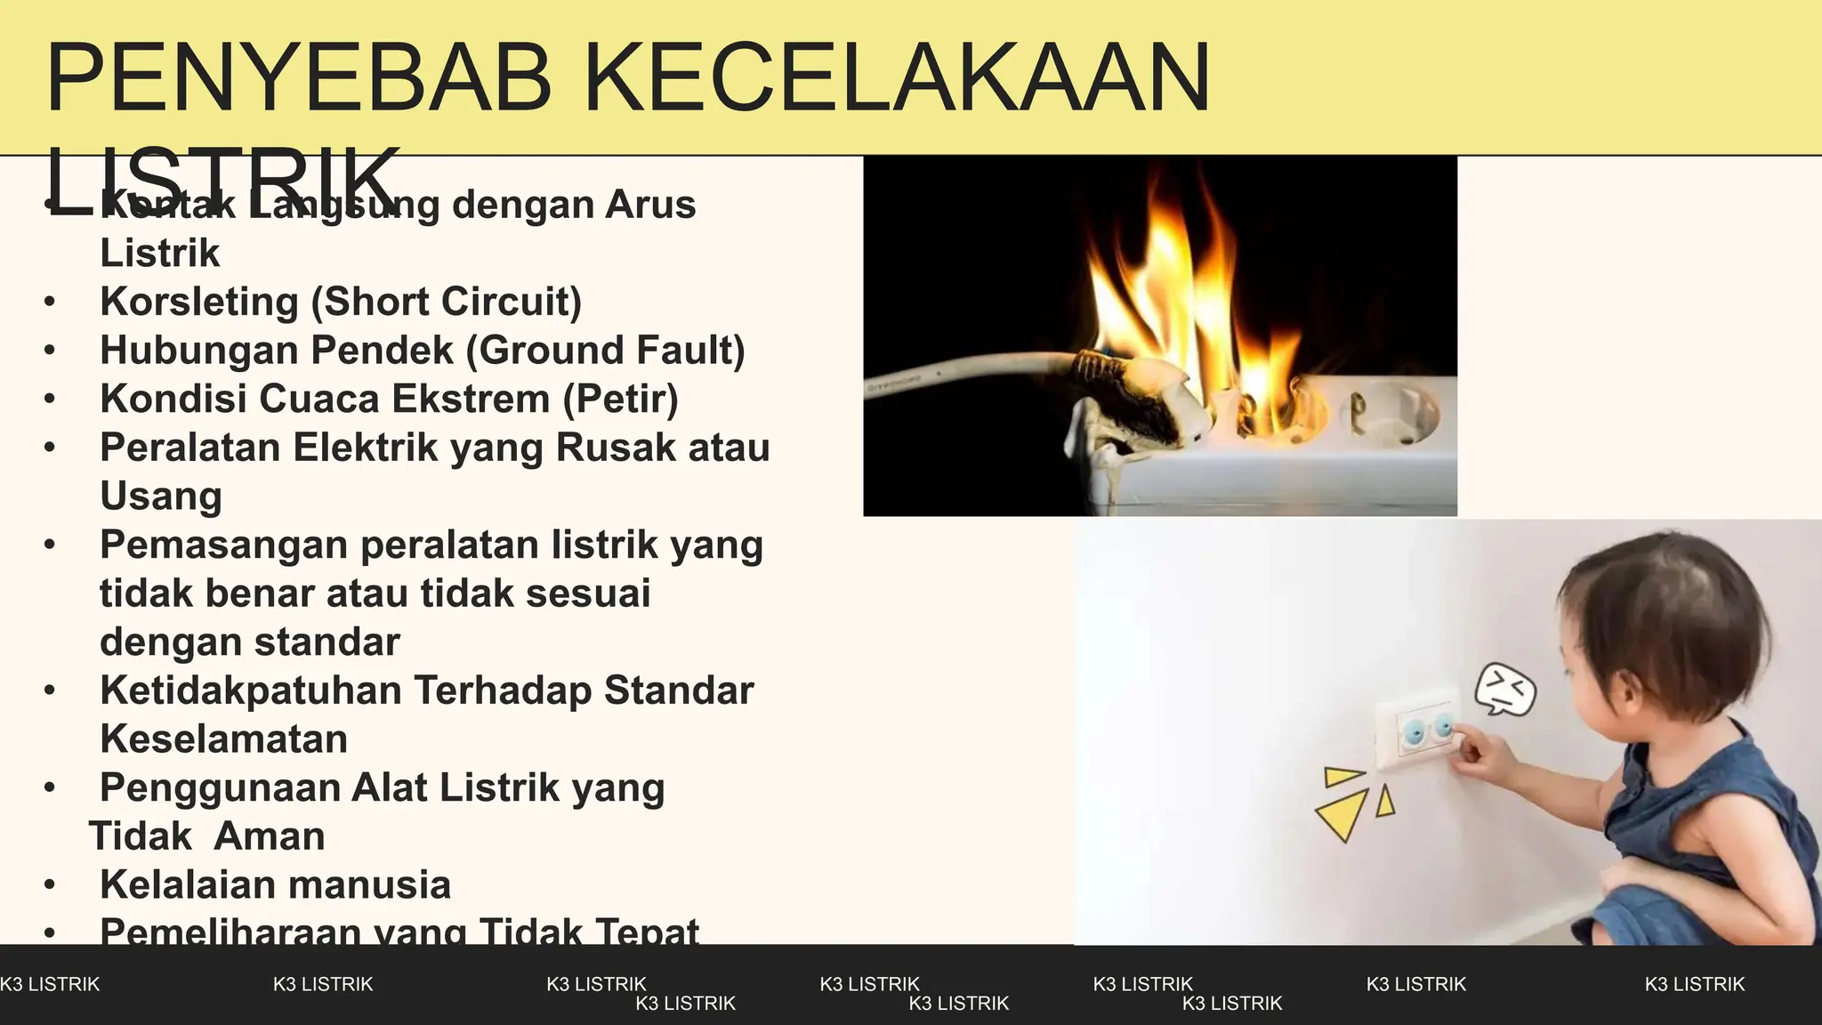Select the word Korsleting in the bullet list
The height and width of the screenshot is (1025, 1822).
point(199,302)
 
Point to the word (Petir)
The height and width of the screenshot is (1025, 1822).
point(620,399)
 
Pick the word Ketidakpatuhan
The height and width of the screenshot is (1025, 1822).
point(250,690)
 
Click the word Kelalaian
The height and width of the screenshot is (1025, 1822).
point(187,885)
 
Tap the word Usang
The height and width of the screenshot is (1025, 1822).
point(160,496)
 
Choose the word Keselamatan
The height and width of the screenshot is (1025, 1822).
point(223,739)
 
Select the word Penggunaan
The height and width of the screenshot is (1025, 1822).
point(219,788)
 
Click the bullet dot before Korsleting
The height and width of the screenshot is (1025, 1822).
point(50,303)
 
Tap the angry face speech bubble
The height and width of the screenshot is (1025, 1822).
point(1505,690)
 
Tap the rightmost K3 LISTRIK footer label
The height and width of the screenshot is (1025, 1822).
point(1694,984)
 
